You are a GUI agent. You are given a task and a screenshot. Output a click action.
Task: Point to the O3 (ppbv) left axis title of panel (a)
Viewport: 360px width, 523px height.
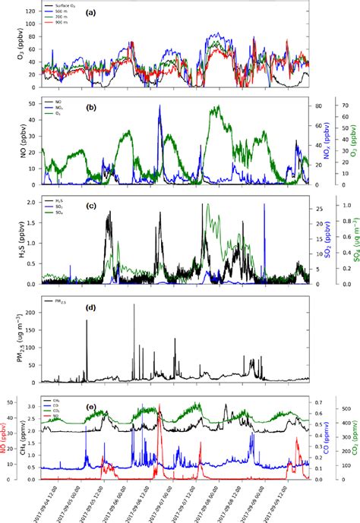(8, 47)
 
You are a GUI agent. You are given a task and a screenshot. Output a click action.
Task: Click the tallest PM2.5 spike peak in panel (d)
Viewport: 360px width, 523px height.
(134, 305)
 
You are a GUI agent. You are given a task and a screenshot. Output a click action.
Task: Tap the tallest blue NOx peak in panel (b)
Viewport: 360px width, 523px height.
(159, 106)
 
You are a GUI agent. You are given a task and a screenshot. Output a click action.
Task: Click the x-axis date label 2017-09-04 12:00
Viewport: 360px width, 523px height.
(43, 501)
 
